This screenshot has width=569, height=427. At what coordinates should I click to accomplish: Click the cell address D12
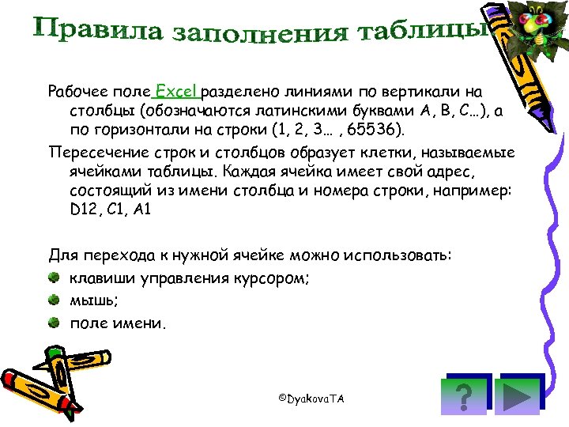click(x=84, y=210)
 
